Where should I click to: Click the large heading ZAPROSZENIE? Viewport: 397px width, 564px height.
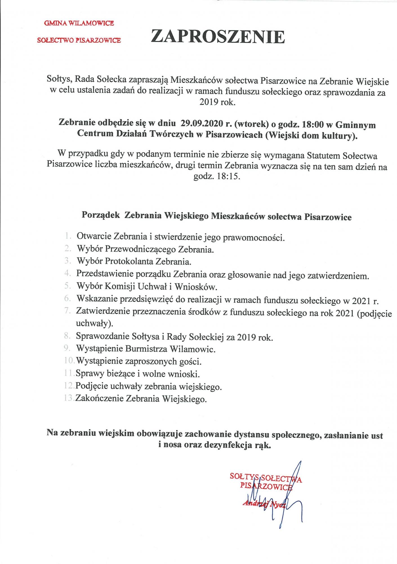tap(218, 37)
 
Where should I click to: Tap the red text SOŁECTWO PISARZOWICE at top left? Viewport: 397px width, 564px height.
tap(79, 40)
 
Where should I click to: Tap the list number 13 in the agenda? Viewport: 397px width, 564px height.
tap(69, 399)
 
